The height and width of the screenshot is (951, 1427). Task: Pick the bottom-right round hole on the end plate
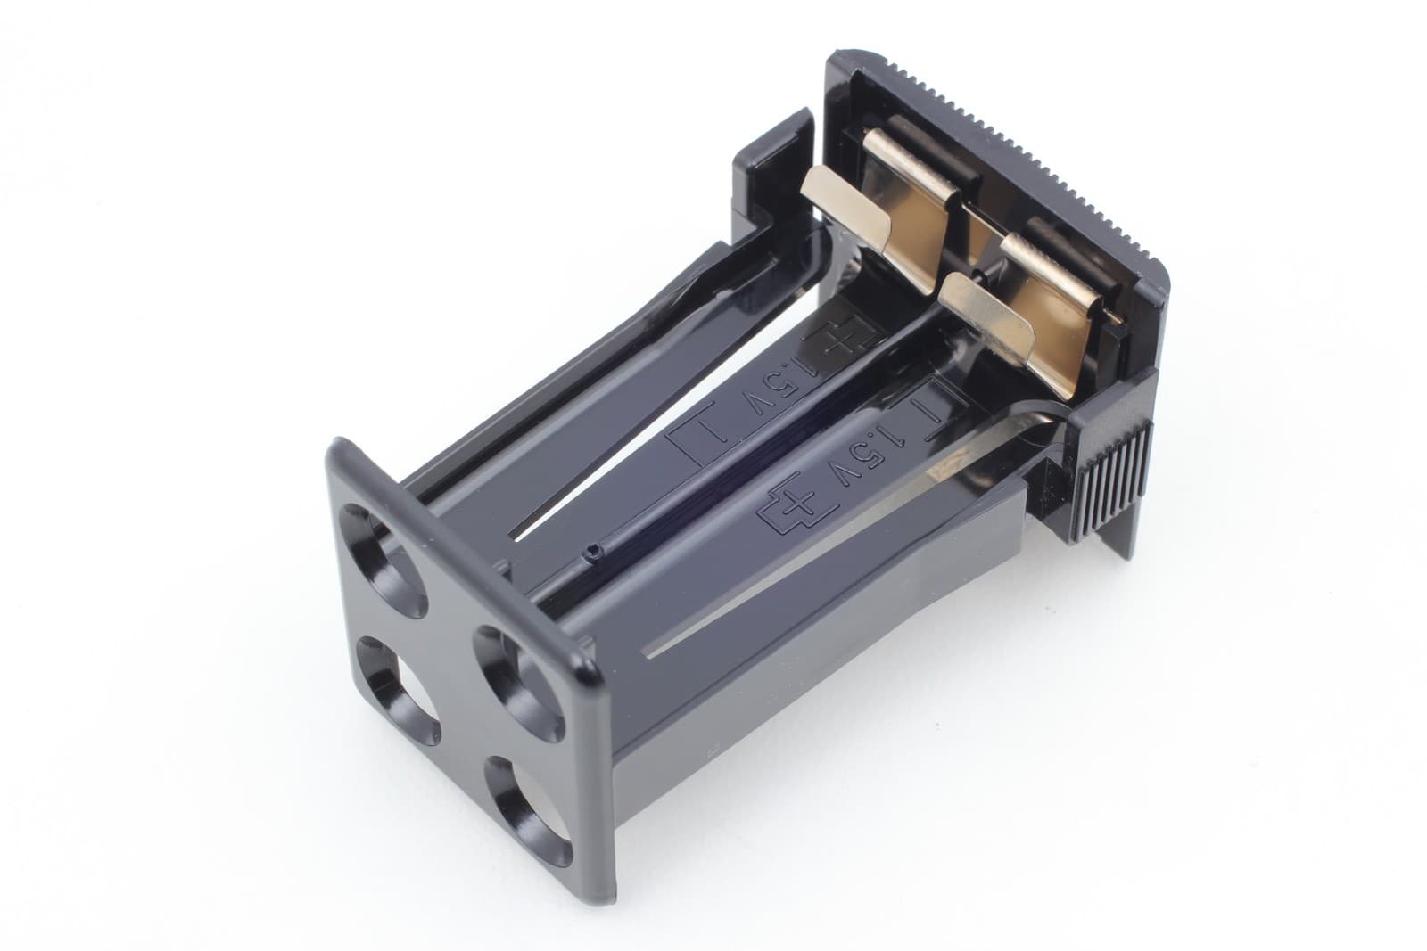[528, 811]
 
